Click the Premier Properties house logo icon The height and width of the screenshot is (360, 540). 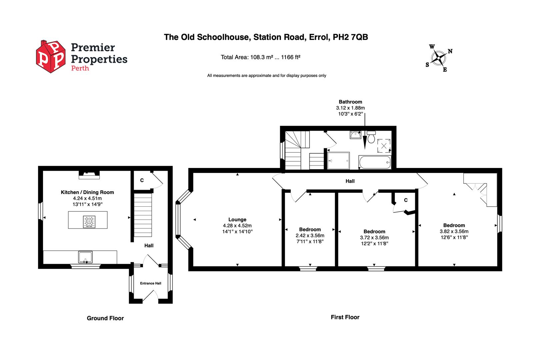point(51,57)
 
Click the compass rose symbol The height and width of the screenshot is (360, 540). point(438,59)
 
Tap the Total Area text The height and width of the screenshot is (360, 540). point(260,57)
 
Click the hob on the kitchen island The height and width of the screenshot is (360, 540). point(89,222)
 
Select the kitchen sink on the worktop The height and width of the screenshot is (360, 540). point(86,257)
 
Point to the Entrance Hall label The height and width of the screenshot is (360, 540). point(150,283)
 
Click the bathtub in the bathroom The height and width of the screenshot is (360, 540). point(374,162)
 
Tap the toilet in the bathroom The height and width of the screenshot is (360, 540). point(371,137)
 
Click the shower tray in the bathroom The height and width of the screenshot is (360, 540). point(338,161)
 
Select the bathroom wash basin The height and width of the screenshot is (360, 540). point(355,135)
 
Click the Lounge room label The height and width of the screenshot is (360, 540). point(237,220)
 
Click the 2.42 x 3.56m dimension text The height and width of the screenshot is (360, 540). point(310,235)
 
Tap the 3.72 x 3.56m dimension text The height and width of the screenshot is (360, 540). point(374,238)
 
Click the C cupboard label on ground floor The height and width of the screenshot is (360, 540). point(142,180)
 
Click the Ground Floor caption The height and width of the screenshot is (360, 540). point(105,318)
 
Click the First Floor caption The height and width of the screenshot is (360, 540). point(345,317)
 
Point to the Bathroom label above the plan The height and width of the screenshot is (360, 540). point(350,102)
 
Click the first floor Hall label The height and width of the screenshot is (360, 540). point(350,181)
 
